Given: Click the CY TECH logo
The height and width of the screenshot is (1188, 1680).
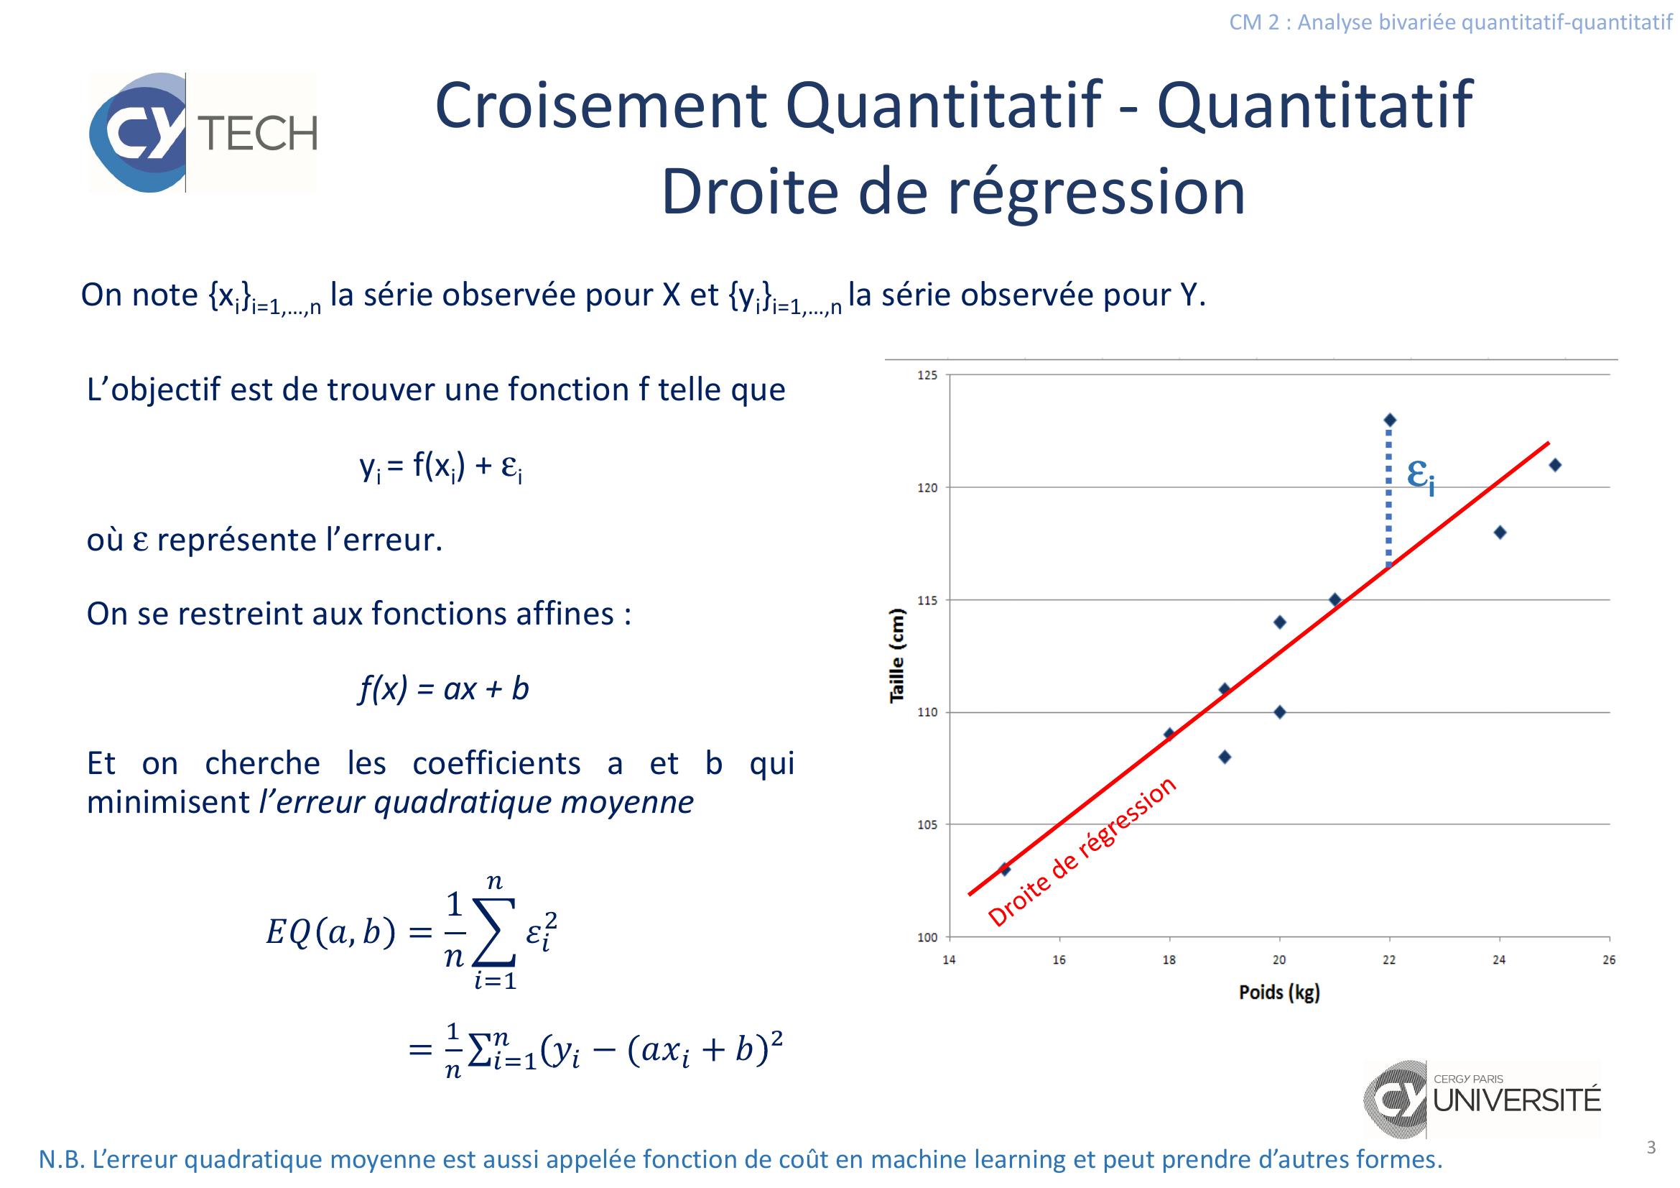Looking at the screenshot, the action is (x=203, y=132).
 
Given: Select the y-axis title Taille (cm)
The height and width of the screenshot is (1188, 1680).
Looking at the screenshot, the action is (x=897, y=655).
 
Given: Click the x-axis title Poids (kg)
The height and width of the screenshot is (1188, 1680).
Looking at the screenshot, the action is (x=1279, y=993).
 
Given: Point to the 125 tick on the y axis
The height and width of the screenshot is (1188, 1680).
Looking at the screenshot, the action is (x=927, y=375).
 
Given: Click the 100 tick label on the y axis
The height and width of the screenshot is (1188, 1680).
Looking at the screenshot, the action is (x=927, y=938).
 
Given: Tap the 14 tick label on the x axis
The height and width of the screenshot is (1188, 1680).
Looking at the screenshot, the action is (x=949, y=959).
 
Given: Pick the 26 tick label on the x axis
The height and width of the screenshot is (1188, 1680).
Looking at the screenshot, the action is (x=1610, y=959).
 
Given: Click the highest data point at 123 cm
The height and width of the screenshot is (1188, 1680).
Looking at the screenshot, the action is (x=1391, y=420).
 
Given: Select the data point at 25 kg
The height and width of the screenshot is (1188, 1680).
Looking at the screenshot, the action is (x=1556, y=465).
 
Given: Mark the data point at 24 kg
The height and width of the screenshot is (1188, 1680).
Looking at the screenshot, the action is (x=1500, y=532).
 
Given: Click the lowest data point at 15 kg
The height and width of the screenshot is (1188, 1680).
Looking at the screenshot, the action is (x=1005, y=870).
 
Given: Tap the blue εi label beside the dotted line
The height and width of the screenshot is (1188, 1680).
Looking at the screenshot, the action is (x=1420, y=477).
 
